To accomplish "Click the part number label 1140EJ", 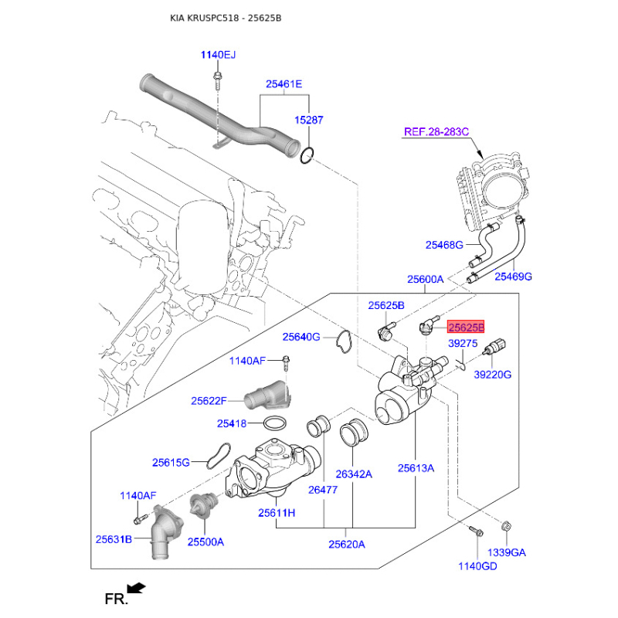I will pos(218,55).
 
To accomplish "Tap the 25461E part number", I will pos(284,84).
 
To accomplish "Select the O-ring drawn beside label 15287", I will pos(307,155).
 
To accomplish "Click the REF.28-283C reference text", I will pos(436,132).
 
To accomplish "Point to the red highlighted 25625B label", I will pos(467,327).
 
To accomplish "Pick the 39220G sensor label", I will pos(493,375).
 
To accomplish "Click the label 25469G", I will pos(514,276).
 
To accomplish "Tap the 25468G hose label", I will pos(443,245).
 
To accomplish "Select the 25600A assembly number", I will pos(426,279).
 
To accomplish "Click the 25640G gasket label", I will pos(301,337).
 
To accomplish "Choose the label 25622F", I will pos(209,401).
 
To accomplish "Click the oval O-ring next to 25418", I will pos(276,423).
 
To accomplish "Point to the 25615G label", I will pos(171,463).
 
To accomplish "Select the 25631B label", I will pos(114,538).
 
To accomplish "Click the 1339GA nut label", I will pos(506,552).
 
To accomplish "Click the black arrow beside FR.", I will pos(137,589).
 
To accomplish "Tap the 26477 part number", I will pos(322,489).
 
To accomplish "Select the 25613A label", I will pos(416,467).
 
